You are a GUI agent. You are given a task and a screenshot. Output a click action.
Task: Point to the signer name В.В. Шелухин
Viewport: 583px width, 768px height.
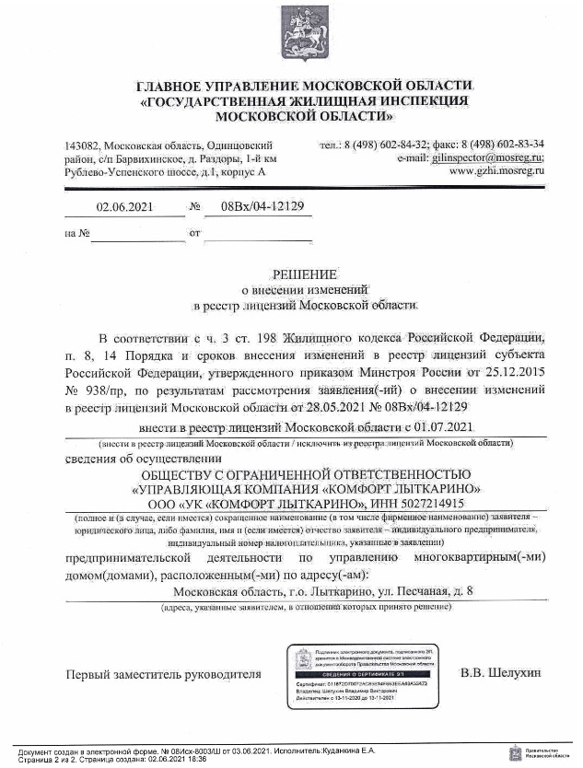[500, 674]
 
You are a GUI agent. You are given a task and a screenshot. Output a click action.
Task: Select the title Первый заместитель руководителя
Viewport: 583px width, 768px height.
[163, 675]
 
